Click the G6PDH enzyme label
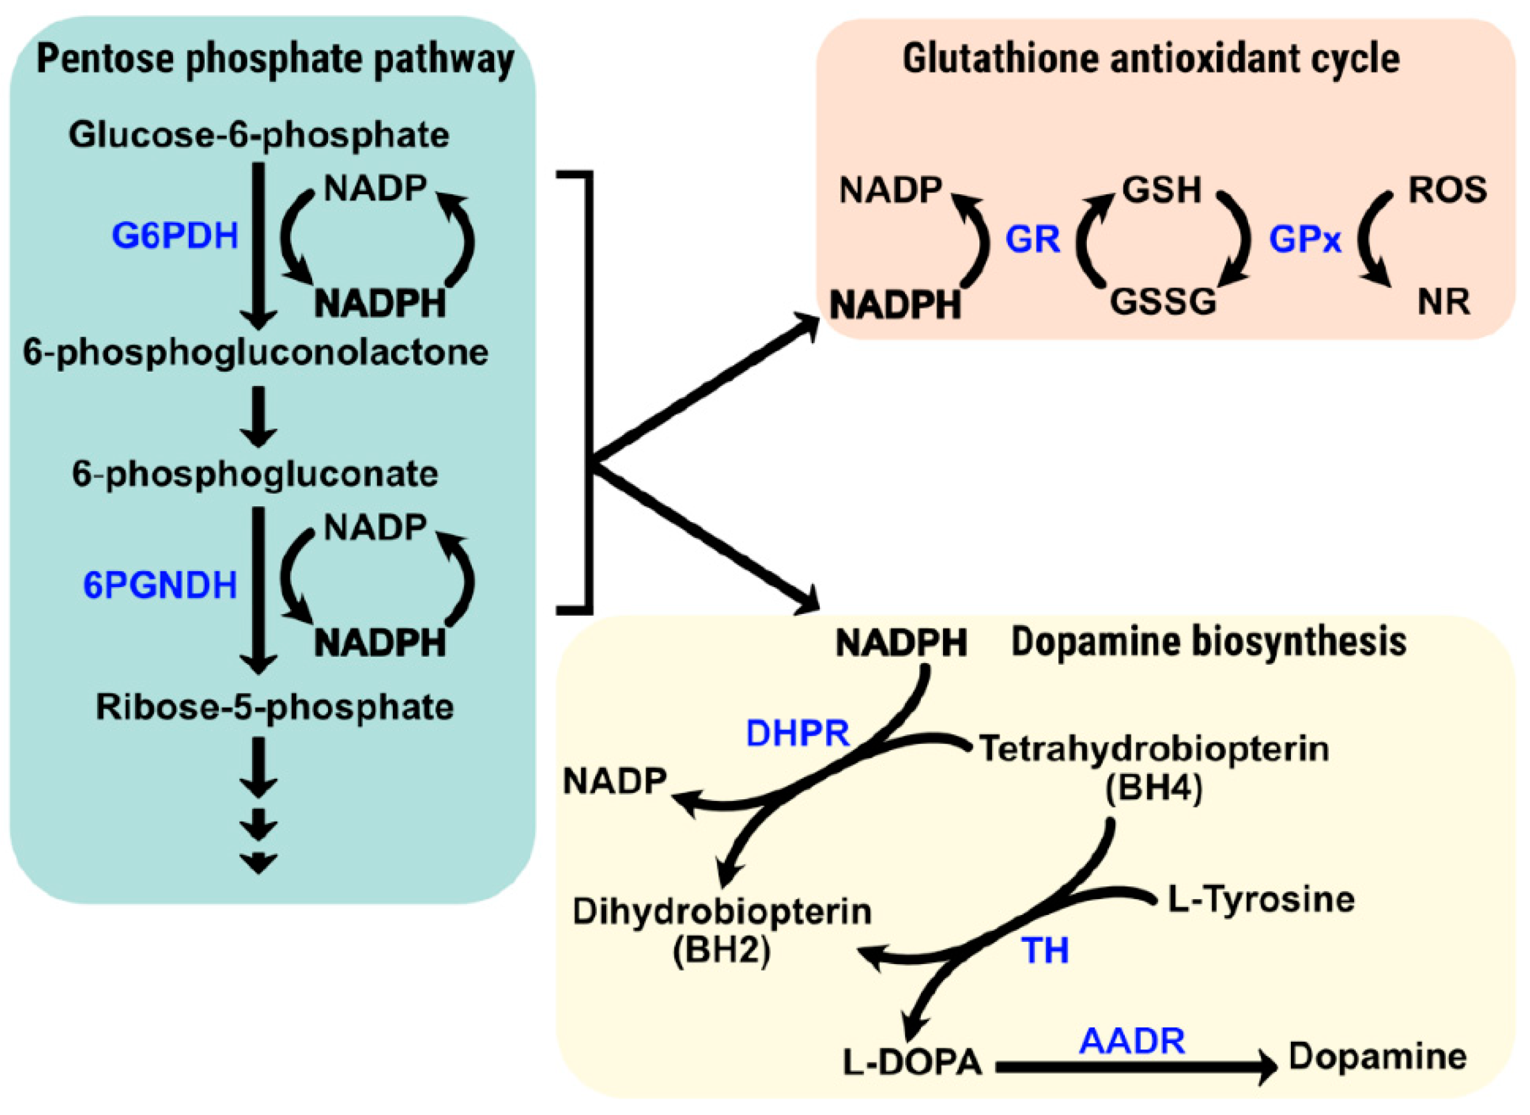pyautogui.click(x=175, y=236)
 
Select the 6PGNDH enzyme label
pyautogui.click(x=160, y=585)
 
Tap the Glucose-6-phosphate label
pyautogui.click(x=258, y=135)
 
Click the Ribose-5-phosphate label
pyautogui.click(x=275, y=707)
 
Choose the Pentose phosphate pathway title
pyautogui.click(x=275, y=60)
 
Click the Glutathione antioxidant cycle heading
pyautogui.click(x=1151, y=60)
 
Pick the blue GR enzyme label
pyautogui.click(x=1032, y=240)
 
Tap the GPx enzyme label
pyautogui.click(x=1304, y=240)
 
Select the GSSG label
pyautogui.click(x=1163, y=301)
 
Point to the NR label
pyautogui.click(x=1443, y=301)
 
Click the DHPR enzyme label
pyautogui.click(x=797, y=734)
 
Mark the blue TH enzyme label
pyautogui.click(x=1045, y=950)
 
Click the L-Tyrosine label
pyautogui.click(x=1260, y=900)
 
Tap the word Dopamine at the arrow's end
pyautogui.click(x=1377, y=1057)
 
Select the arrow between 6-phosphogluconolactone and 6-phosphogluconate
pyautogui.click(x=258, y=415)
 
